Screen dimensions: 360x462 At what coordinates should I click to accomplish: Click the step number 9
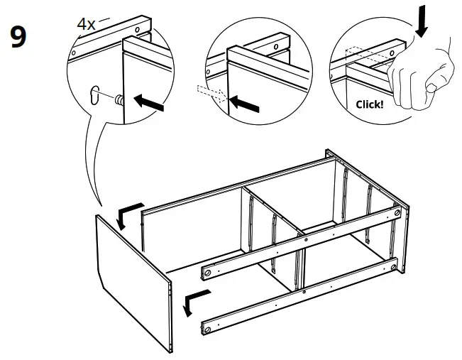[18, 37]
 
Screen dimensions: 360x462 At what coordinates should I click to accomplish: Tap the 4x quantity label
[86, 23]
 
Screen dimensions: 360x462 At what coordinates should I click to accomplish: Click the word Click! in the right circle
[370, 104]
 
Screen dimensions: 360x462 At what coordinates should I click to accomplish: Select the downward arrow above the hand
[423, 21]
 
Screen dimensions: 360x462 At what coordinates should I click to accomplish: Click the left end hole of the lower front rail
[207, 326]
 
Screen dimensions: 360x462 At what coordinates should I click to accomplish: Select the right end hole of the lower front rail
[393, 266]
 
